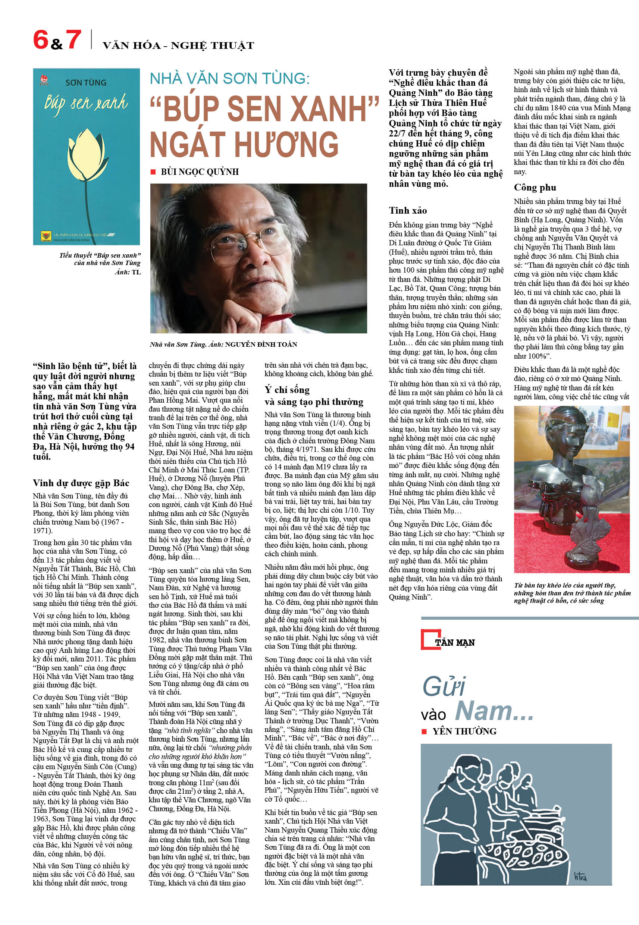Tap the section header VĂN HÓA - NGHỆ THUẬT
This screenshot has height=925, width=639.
point(178,45)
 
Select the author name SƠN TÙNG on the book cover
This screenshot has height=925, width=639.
point(86,83)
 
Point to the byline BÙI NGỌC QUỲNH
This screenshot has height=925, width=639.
point(200,172)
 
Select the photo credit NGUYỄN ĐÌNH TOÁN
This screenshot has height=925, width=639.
point(261,344)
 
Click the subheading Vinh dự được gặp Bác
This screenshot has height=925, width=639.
point(81,483)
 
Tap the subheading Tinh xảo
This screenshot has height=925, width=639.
point(408,210)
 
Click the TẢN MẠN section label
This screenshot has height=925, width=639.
point(454,642)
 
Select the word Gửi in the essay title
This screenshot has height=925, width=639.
point(444,688)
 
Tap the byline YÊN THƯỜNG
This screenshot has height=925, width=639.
point(464,731)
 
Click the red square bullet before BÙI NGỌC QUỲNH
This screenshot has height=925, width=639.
point(153,172)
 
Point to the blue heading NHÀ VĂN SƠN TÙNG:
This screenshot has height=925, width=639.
point(229,78)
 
